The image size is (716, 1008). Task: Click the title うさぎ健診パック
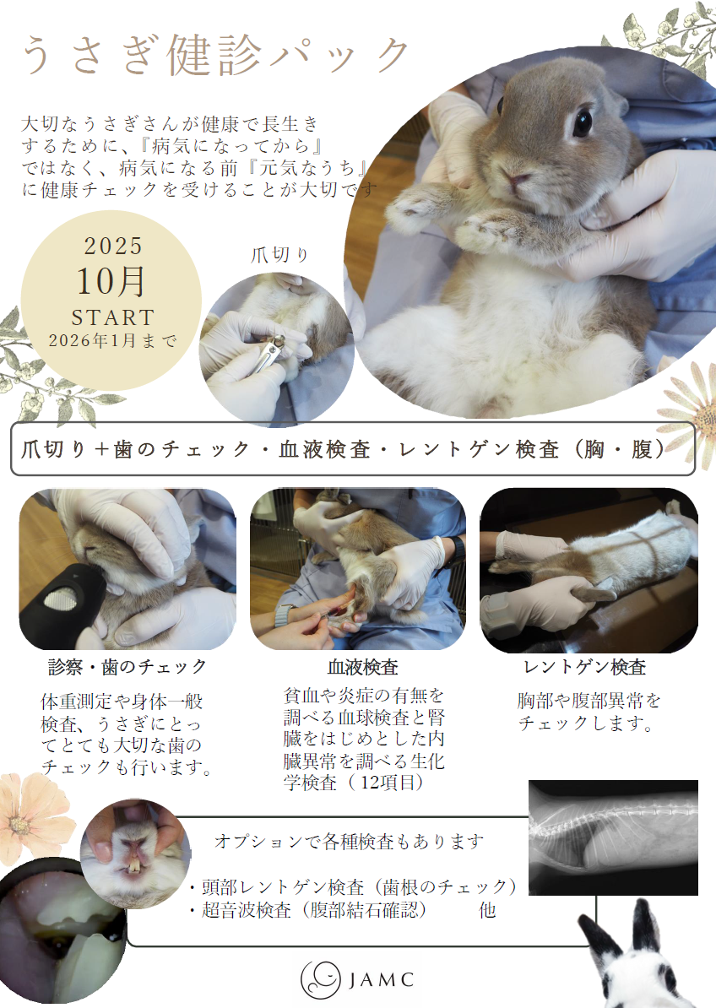(216, 56)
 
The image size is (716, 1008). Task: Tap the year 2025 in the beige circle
(113, 246)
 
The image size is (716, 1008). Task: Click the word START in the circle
(112, 317)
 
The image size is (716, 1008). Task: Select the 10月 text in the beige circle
(111, 282)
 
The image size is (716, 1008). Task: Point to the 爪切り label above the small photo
(279, 255)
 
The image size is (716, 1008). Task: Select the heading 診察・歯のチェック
(127, 667)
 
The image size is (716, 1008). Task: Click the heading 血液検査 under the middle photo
(363, 667)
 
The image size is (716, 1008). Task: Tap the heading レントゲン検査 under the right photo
(584, 667)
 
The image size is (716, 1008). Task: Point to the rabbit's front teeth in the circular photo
(134, 865)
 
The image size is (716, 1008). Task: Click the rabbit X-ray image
(613, 837)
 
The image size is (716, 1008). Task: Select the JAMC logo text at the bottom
(382, 979)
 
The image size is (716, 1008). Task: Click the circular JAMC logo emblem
(321, 979)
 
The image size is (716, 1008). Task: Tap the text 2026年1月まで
(113, 340)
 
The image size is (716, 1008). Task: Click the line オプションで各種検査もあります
(349, 840)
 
